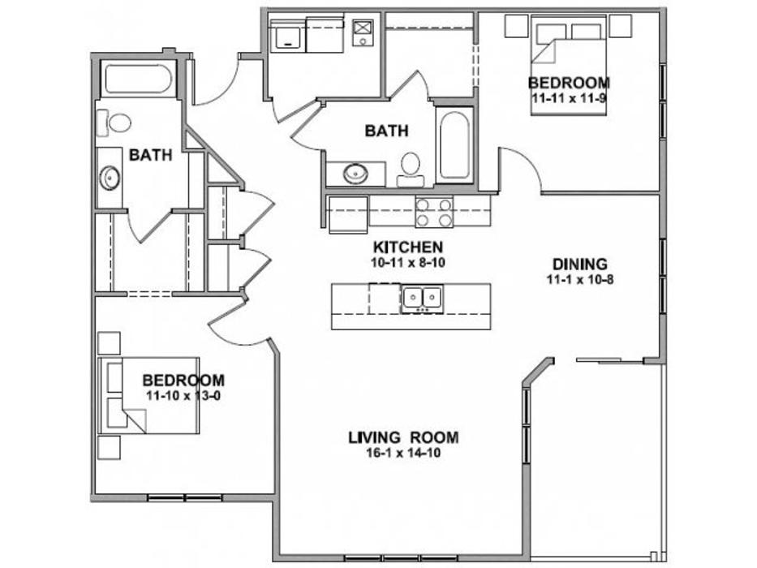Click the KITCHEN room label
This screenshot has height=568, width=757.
click(x=408, y=247)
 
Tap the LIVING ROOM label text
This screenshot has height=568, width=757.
click(x=403, y=437)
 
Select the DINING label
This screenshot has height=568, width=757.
click(x=580, y=265)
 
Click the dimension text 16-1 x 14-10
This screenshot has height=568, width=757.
click(x=403, y=453)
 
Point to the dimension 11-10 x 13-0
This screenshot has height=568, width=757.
click(x=183, y=396)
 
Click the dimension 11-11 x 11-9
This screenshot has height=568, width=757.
click(x=569, y=98)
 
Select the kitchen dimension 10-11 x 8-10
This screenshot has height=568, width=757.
click(x=408, y=263)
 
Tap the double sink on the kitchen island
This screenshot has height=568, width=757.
click(x=423, y=299)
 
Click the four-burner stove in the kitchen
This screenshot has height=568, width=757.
click(x=435, y=213)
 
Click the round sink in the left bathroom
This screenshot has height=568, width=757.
click(x=110, y=178)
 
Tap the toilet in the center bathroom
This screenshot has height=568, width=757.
click(x=411, y=169)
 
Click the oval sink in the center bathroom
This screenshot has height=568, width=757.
click(x=356, y=174)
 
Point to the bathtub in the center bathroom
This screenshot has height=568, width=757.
click(x=454, y=145)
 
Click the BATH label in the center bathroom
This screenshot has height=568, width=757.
click(x=386, y=131)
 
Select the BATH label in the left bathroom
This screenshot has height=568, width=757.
click(x=151, y=155)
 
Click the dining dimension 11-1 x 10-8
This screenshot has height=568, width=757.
click(x=580, y=279)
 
